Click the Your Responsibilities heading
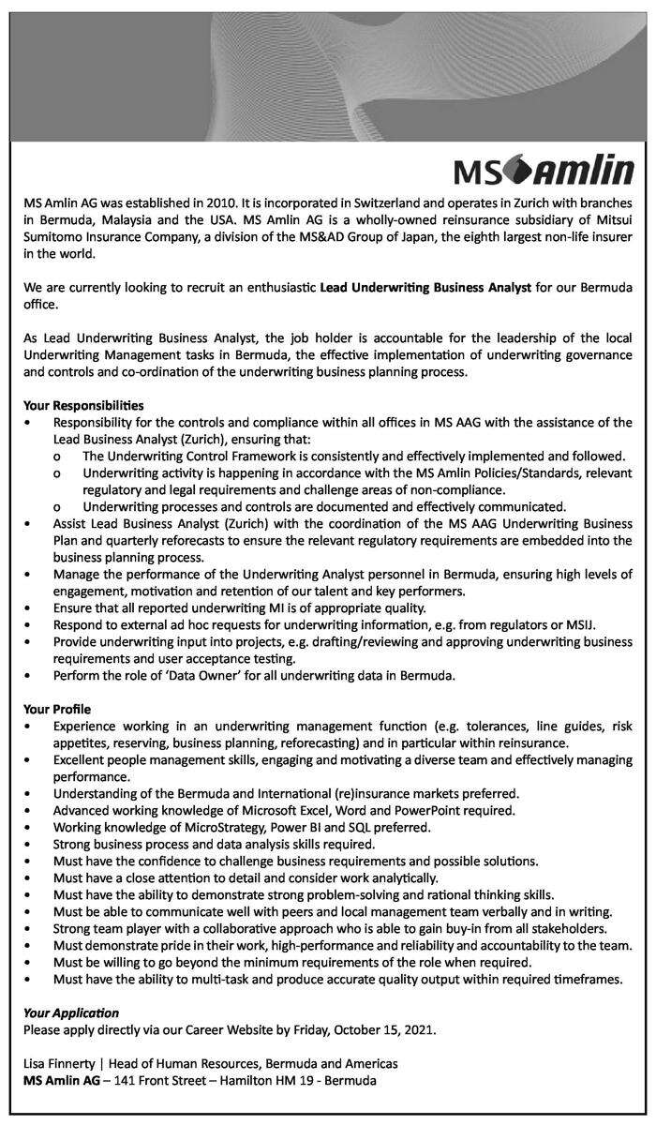click(x=83, y=406)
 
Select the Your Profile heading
click(x=57, y=709)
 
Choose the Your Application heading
click(x=71, y=1012)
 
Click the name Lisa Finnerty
click(x=62, y=1063)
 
